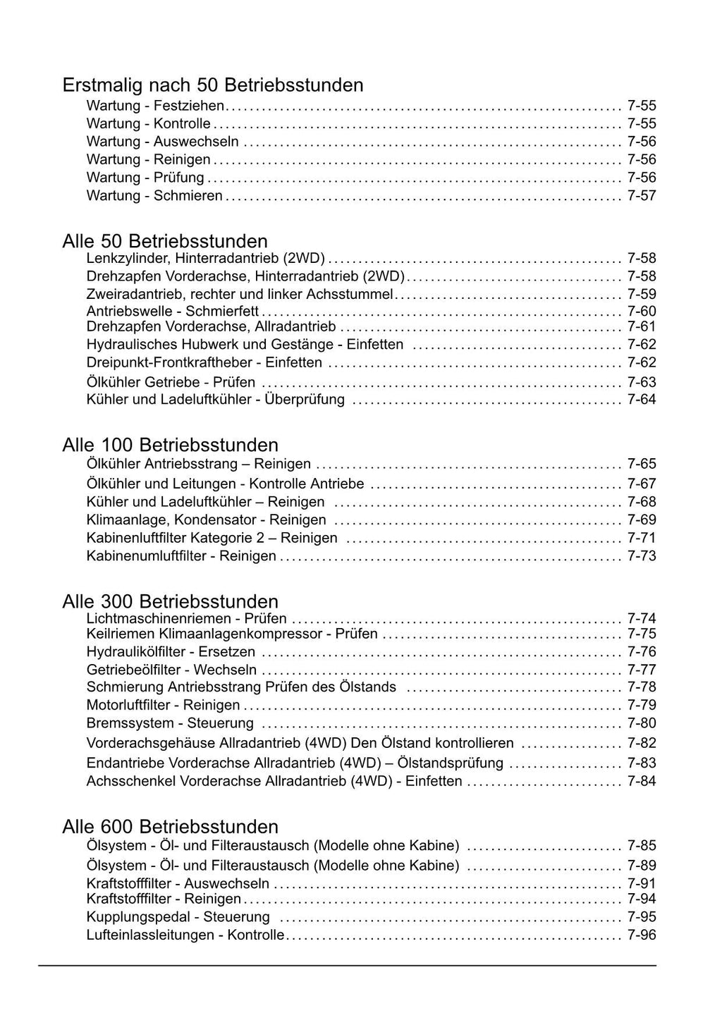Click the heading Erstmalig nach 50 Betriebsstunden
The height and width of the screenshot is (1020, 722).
(x=213, y=85)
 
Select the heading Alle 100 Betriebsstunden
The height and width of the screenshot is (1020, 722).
(x=170, y=446)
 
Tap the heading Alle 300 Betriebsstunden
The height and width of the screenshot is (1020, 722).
(x=170, y=602)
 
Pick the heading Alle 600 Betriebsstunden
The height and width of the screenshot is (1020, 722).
(x=170, y=827)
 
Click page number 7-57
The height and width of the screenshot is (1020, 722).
(x=642, y=196)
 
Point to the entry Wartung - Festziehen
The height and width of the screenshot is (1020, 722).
(x=155, y=106)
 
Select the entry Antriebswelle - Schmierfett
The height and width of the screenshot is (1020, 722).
(x=173, y=312)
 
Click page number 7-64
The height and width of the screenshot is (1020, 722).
(x=642, y=400)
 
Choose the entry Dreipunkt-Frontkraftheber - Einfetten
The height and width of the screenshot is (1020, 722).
(x=204, y=363)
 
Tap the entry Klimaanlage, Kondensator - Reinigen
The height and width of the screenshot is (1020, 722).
(x=206, y=520)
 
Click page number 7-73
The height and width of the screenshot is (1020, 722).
(x=642, y=556)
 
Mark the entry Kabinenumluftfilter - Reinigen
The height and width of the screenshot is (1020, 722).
(x=181, y=556)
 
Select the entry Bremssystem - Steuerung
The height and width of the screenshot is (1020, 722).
(x=170, y=723)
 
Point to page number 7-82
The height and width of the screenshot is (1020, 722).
(x=642, y=743)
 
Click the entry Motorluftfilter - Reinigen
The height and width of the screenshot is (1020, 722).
(x=163, y=705)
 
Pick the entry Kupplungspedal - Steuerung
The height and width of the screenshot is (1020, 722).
(x=178, y=917)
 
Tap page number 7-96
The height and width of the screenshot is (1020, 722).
(x=642, y=935)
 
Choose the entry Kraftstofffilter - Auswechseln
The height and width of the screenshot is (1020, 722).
(x=178, y=884)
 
